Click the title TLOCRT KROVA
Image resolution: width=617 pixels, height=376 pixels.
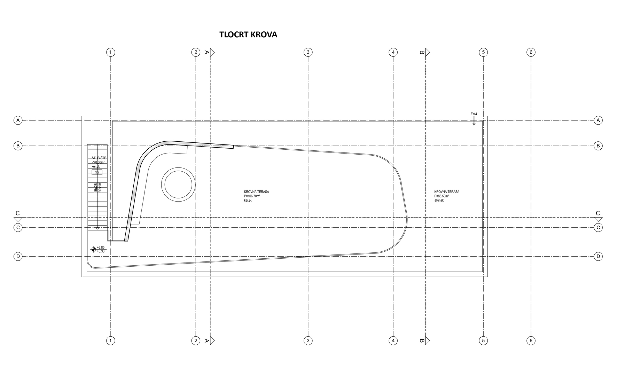248,35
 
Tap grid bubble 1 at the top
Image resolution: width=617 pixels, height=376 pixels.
111,52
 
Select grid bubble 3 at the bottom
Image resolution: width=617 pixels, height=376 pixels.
308,340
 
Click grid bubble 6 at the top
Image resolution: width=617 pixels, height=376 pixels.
531,52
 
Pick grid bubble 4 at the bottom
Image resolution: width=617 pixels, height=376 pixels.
393,340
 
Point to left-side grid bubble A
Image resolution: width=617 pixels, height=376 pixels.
18,120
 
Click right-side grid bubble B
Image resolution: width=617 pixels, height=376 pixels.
598,146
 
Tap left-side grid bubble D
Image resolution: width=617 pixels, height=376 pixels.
18,257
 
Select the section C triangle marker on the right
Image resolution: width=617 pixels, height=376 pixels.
598,219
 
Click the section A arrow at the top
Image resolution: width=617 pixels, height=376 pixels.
212,52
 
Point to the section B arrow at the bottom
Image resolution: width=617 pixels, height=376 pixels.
427,340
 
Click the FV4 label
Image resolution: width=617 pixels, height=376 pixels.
474,114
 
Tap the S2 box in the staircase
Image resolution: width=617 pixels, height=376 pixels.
97,172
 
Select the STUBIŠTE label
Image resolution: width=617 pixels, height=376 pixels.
96,158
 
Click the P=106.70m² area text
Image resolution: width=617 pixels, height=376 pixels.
252,196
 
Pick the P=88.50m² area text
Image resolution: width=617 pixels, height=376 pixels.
442,196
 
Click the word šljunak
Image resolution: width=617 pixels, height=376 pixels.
439,201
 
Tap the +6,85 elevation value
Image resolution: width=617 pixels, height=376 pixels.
101,247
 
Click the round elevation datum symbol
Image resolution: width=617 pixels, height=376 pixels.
93,249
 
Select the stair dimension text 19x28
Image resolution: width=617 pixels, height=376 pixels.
95,188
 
